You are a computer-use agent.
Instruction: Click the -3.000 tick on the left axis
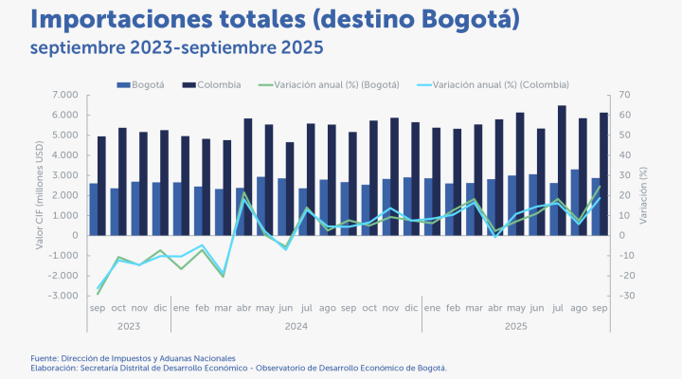click(63, 296)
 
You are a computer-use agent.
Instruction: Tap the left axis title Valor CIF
click(40, 194)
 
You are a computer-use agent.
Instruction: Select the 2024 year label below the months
click(296, 326)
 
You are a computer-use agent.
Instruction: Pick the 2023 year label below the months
click(128, 326)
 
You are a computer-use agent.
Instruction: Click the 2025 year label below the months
click(515, 326)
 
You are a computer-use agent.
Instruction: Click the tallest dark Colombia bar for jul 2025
click(562, 171)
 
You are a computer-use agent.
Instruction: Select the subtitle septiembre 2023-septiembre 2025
click(175, 46)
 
